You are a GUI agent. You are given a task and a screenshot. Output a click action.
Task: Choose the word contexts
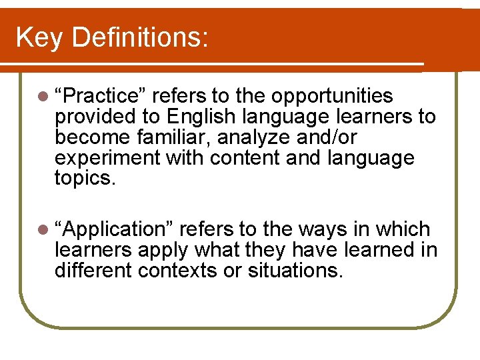point(183,271)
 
